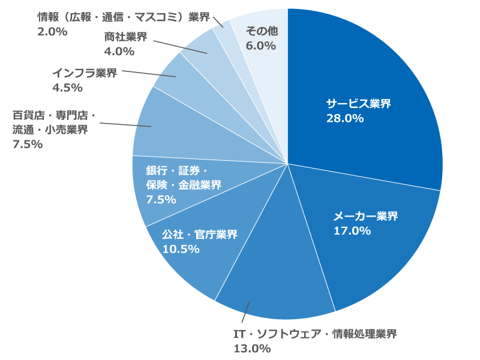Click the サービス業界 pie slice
point(372,78)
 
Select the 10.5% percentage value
point(181,249)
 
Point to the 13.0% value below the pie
point(252,348)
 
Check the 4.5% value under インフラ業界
point(67,88)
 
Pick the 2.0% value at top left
point(52,32)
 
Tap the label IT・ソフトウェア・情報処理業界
point(314,334)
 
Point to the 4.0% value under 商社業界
point(119,52)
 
